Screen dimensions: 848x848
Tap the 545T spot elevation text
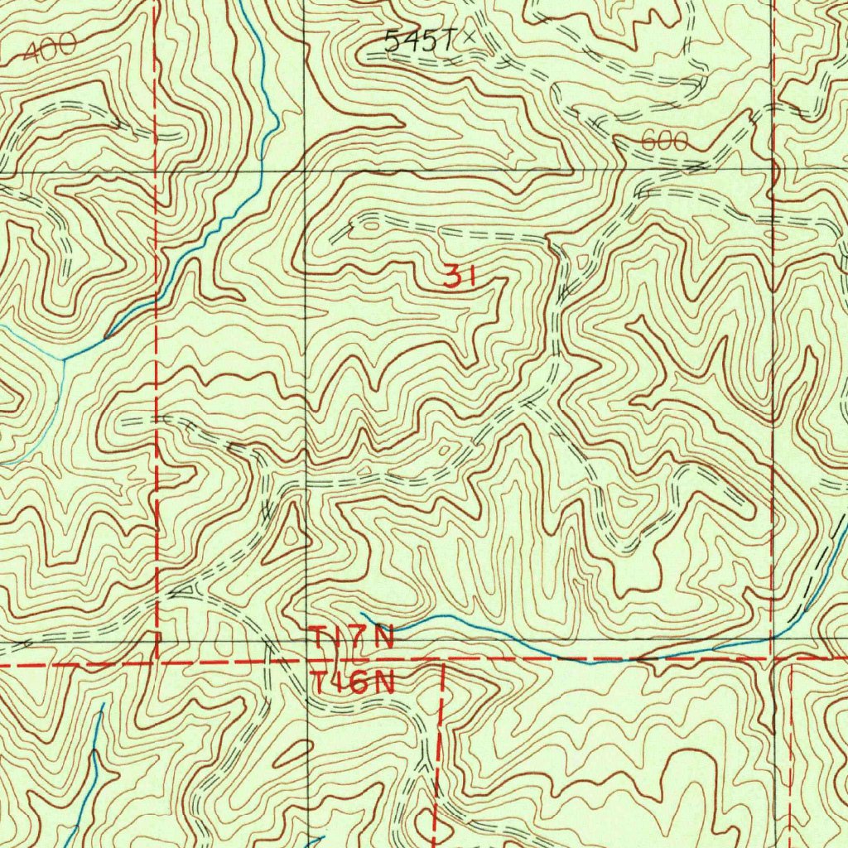click(x=421, y=40)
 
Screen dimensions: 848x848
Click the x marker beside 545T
click(x=470, y=36)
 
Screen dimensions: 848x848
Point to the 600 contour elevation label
click(x=664, y=142)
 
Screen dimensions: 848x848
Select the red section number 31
click(x=459, y=277)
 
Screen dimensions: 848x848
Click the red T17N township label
click(x=352, y=639)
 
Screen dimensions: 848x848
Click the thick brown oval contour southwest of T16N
click(x=288, y=755)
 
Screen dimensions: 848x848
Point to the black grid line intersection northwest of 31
click(x=305, y=172)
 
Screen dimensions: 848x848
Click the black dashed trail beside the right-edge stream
click(x=816, y=580)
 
